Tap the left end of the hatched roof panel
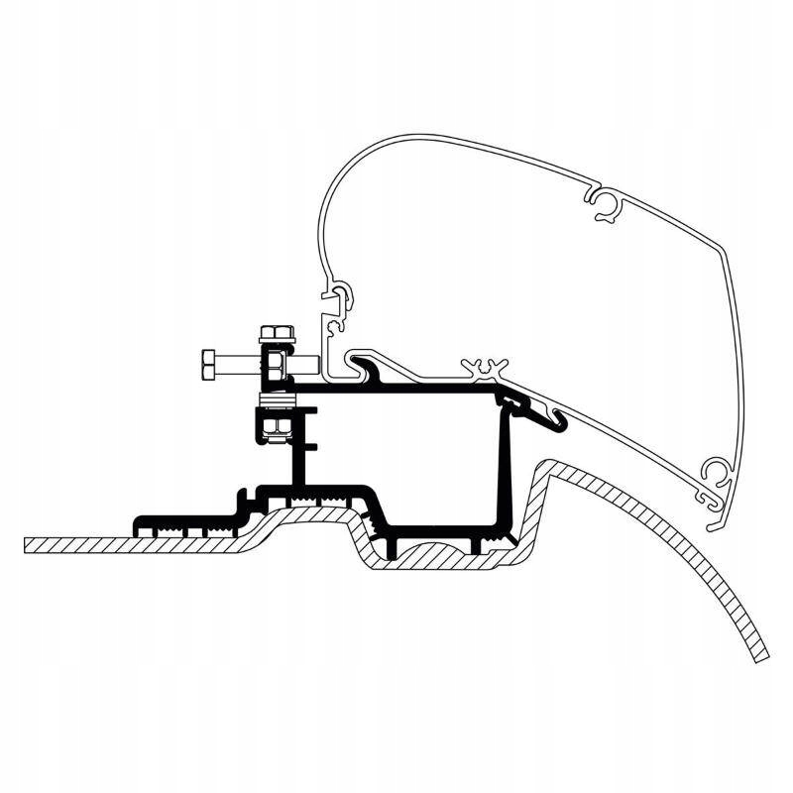[30, 544]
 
